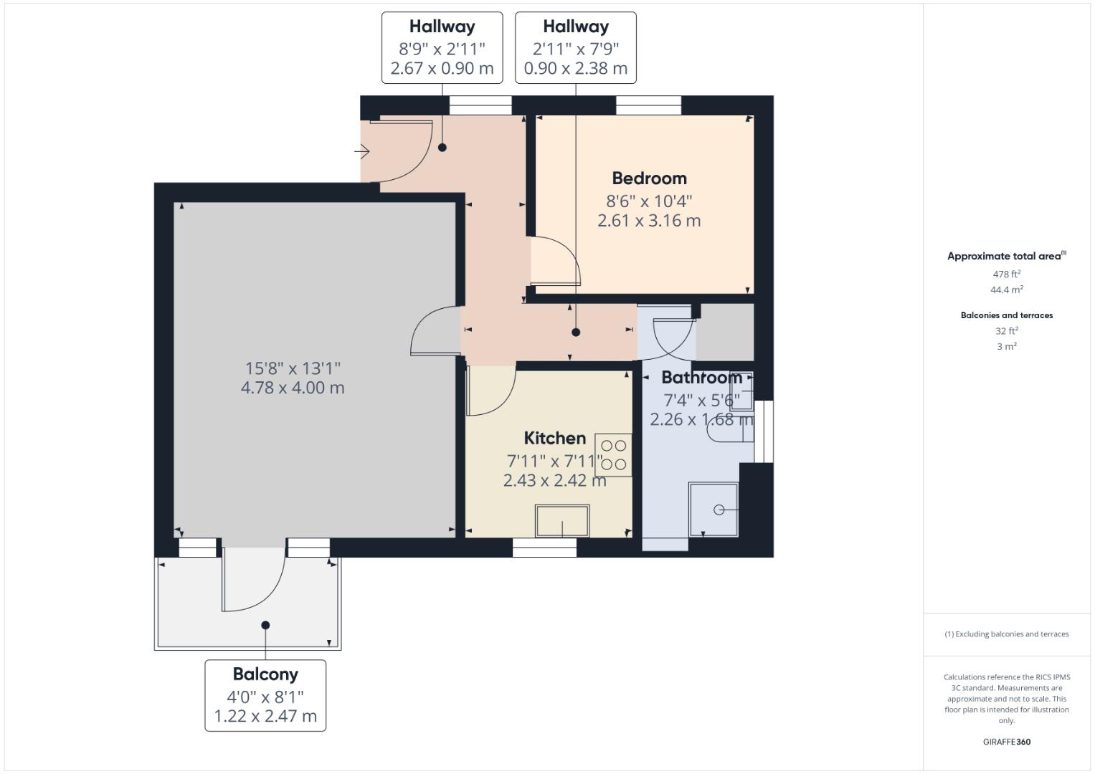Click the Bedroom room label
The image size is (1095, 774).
click(x=649, y=178)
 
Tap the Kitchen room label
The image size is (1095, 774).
click(x=554, y=438)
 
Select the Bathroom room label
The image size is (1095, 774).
click(x=701, y=378)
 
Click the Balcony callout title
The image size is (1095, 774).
click(x=265, y=674)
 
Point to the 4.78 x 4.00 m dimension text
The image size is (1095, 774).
click(x=293, y=388)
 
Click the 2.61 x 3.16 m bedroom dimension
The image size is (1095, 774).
click(x=649, y=221)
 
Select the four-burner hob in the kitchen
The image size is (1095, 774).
click(x=613, y=455)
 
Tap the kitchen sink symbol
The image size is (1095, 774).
click(x=562, y=520)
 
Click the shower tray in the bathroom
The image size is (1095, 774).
click(x=713, y=510)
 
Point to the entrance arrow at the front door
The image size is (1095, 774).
click(x=362, y=152)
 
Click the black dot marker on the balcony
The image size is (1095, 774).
click(x=265, y=625)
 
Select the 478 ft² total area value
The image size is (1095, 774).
click(x=1006, y=274)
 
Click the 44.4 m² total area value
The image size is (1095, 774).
click(x=1006, y=290)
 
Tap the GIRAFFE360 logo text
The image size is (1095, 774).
click(x=1006, y=742)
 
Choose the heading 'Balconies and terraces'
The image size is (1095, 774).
click(x=1006, y=315)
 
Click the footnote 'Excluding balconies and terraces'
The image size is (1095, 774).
click(x=1006, y=634)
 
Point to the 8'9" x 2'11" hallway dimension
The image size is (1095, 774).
click(x=442, y=49)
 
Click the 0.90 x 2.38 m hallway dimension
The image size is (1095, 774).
click(x=575, y=69)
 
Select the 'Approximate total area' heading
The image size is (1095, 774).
click(x=1004, y=256)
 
